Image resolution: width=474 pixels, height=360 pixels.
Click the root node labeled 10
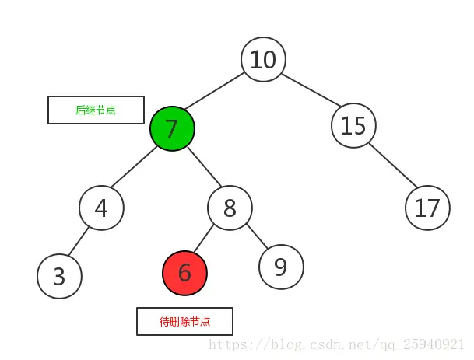click(x=263, y=59)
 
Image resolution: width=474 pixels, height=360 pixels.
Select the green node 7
click(x=172, y=128)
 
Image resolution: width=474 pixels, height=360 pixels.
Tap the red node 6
click(x=184, y=273)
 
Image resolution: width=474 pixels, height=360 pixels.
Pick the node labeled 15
click(x=353, y=125)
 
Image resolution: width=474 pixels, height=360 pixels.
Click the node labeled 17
click(x=427, y=208)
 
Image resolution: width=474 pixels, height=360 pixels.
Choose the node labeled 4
click(x=101, y=208)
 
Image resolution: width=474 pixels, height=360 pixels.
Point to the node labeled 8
click(x=230, y=208)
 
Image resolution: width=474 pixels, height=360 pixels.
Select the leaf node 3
click(x=60, y=276)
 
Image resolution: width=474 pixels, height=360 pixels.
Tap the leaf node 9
click(x=281, y=267)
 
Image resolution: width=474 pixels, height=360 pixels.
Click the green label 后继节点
click(x=96, y=110)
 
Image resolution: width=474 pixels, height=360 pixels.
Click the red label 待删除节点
click(x=184, y=322)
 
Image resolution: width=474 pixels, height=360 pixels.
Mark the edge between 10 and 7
click(x=215, y=91)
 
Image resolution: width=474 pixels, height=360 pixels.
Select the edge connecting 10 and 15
click(x=312, y=90)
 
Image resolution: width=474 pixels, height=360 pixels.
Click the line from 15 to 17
click(x=393, y=165)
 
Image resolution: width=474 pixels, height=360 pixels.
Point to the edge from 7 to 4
click(x=134, y=166)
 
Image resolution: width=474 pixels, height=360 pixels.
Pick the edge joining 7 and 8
click(x=205, y=166)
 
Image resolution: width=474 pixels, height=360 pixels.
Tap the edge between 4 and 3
click(x=79, y=241)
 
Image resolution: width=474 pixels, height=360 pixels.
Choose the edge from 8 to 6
click(x=203, y=238)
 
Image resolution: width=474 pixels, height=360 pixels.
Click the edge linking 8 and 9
click(x=258, y=236)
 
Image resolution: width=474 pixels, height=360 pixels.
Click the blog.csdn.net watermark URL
click(x=336, y=344)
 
